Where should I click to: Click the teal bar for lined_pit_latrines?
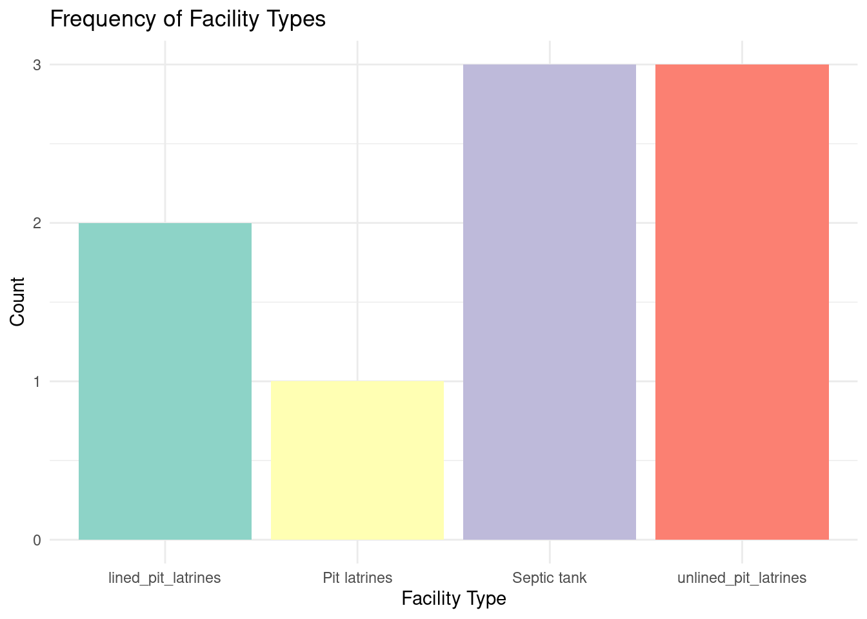pos(165,381)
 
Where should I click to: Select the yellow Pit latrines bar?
pos(357,460)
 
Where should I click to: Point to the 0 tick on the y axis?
pos(37,540)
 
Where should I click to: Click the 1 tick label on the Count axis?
pos(37,382)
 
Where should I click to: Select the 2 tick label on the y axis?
pos(37,223)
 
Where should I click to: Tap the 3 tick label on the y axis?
pos(37,65)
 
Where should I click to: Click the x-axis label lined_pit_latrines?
pos(165,578)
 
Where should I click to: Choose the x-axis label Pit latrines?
pos(357,578)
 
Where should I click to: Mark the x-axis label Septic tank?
pos(550,578)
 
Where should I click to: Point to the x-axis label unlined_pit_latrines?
pos(742,578)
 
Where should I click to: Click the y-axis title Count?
pos(17,302)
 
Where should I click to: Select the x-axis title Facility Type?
pos(453,599)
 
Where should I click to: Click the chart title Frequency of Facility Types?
pos(188,19)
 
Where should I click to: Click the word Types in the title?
pos(299,19)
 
